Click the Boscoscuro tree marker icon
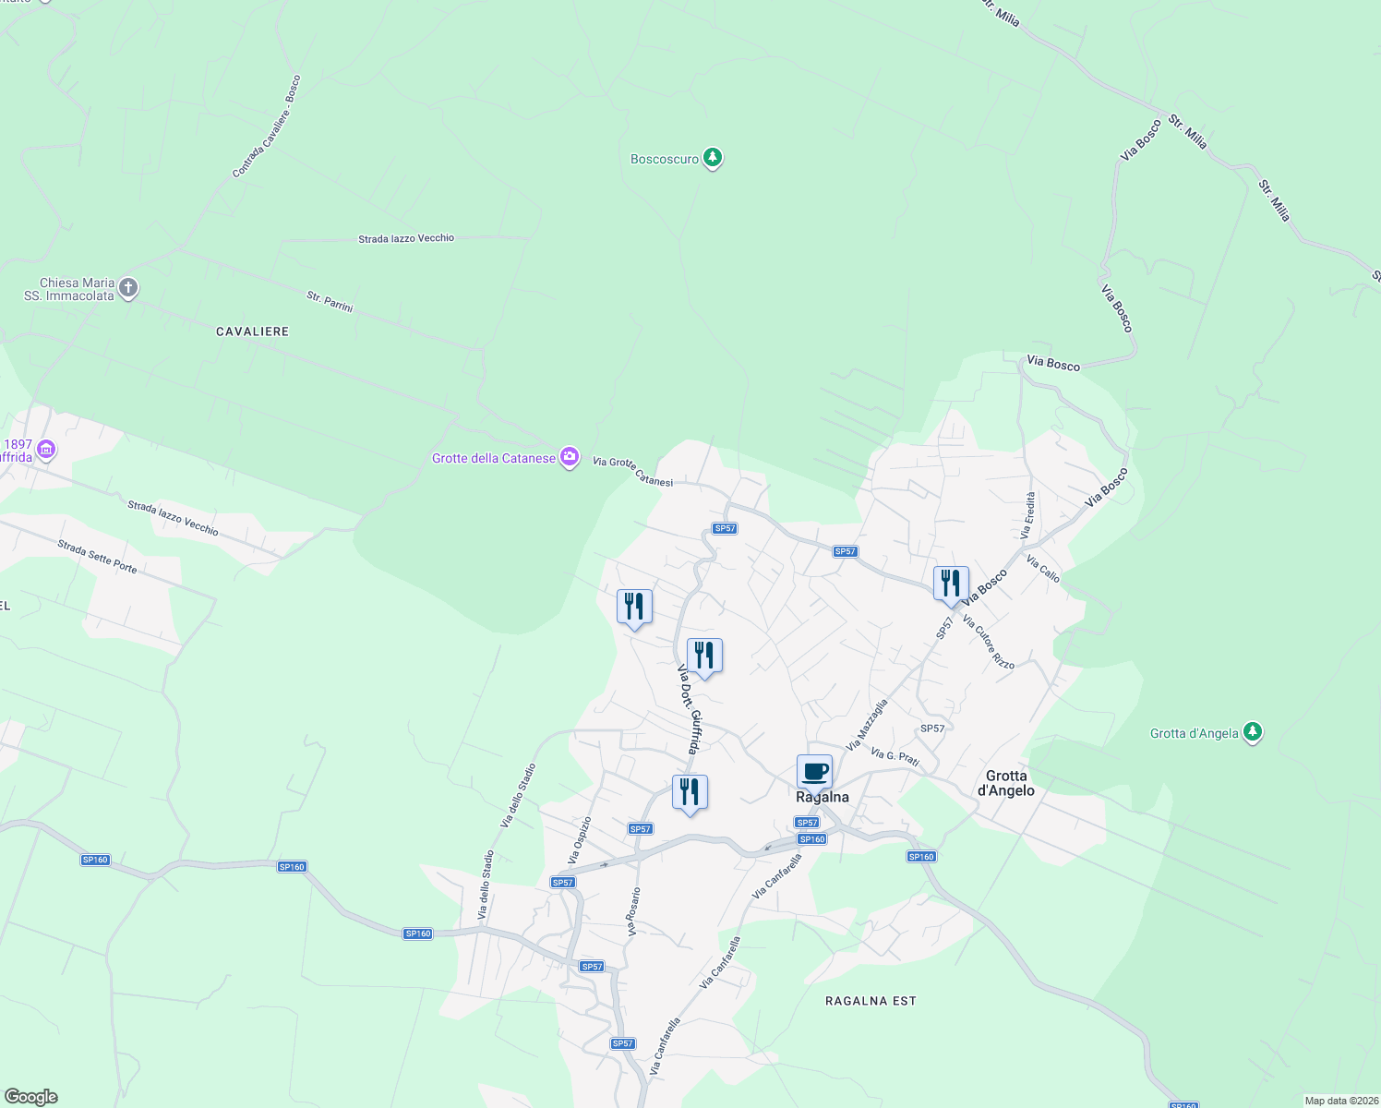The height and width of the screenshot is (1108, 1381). pos(712,158)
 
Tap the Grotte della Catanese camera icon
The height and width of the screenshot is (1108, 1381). pos(570,457)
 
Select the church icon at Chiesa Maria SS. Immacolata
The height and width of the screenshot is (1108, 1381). pos(128,288)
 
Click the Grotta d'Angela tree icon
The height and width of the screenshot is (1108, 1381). pos(1252,732)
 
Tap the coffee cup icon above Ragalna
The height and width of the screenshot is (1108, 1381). pos(814,771)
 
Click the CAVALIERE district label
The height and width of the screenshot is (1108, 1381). pos(252,331)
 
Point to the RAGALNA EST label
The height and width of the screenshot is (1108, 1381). pos(871,1001)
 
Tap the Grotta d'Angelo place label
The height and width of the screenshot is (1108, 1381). pos(1005,783)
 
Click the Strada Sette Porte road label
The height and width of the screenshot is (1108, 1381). pos(97,557)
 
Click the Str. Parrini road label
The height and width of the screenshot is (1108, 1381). pos(330,301)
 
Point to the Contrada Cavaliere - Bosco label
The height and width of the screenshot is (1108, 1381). pos(267,126)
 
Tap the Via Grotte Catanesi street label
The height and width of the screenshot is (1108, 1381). pos(632,471)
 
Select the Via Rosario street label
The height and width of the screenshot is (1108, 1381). pos(634,912)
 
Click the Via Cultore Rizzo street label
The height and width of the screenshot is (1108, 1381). pos(989,643)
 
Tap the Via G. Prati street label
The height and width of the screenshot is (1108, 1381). pos(895,757)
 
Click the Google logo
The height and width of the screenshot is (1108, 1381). pos(30,1097)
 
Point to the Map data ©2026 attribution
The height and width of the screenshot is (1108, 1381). pos(1340,1101)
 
